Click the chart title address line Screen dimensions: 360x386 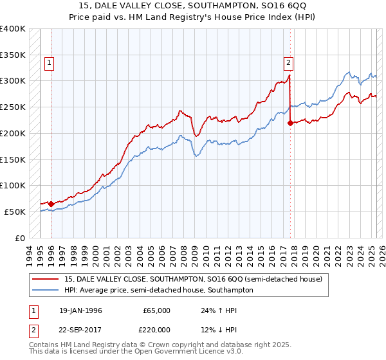tap(193, 6)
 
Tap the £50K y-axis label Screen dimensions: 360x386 tap(15, 211)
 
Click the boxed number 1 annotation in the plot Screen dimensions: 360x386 tap(50, 62)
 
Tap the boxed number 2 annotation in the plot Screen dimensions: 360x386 tap(289, 62)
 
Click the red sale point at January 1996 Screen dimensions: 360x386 tap(51, 204)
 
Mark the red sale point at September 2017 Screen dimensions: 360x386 tap(290, 123)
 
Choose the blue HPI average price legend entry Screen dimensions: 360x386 tap(158, 290)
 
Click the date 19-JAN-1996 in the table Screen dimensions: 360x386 tap(80, 310)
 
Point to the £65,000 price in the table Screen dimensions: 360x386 tap(156, 310)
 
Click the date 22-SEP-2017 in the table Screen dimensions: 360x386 tap(80, 328)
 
